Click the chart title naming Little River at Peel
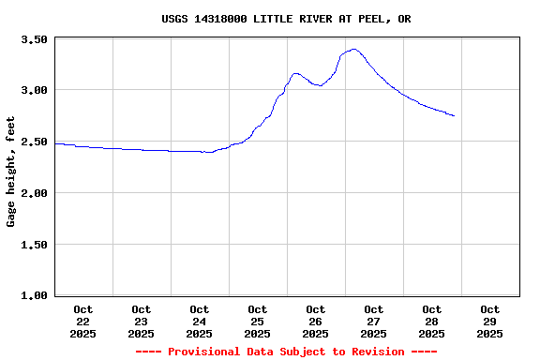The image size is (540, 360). point(286,19)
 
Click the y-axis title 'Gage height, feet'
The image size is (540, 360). point(11,172)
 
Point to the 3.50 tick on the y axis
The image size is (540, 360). point(34,39)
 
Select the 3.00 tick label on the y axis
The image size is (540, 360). point(34,90)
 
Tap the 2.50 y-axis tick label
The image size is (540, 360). point(34,142)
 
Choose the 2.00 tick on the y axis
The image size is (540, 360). point(34,193)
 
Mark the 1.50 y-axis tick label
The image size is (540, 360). point(34,245)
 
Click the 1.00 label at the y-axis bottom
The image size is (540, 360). point(34,295)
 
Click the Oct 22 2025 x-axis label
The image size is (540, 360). point(83,321)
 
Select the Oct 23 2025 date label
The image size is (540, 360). point(142,321)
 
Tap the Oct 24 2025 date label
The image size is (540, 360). point(200,321)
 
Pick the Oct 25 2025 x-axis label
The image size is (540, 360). point(258,321)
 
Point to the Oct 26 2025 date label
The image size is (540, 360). point(316,321)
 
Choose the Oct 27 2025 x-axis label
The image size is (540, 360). point(374,321)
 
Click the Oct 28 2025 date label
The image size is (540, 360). point(432,321)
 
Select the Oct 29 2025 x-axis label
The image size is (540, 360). point(490,321)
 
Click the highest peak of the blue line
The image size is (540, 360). point(353,49)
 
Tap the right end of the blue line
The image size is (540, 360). point(454,116)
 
